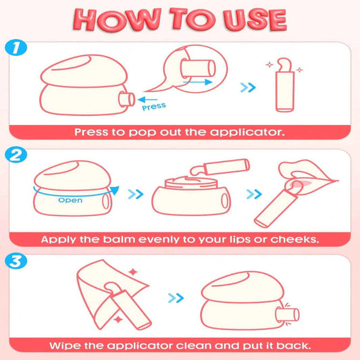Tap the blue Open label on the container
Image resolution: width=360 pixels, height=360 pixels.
coord(70,200)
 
